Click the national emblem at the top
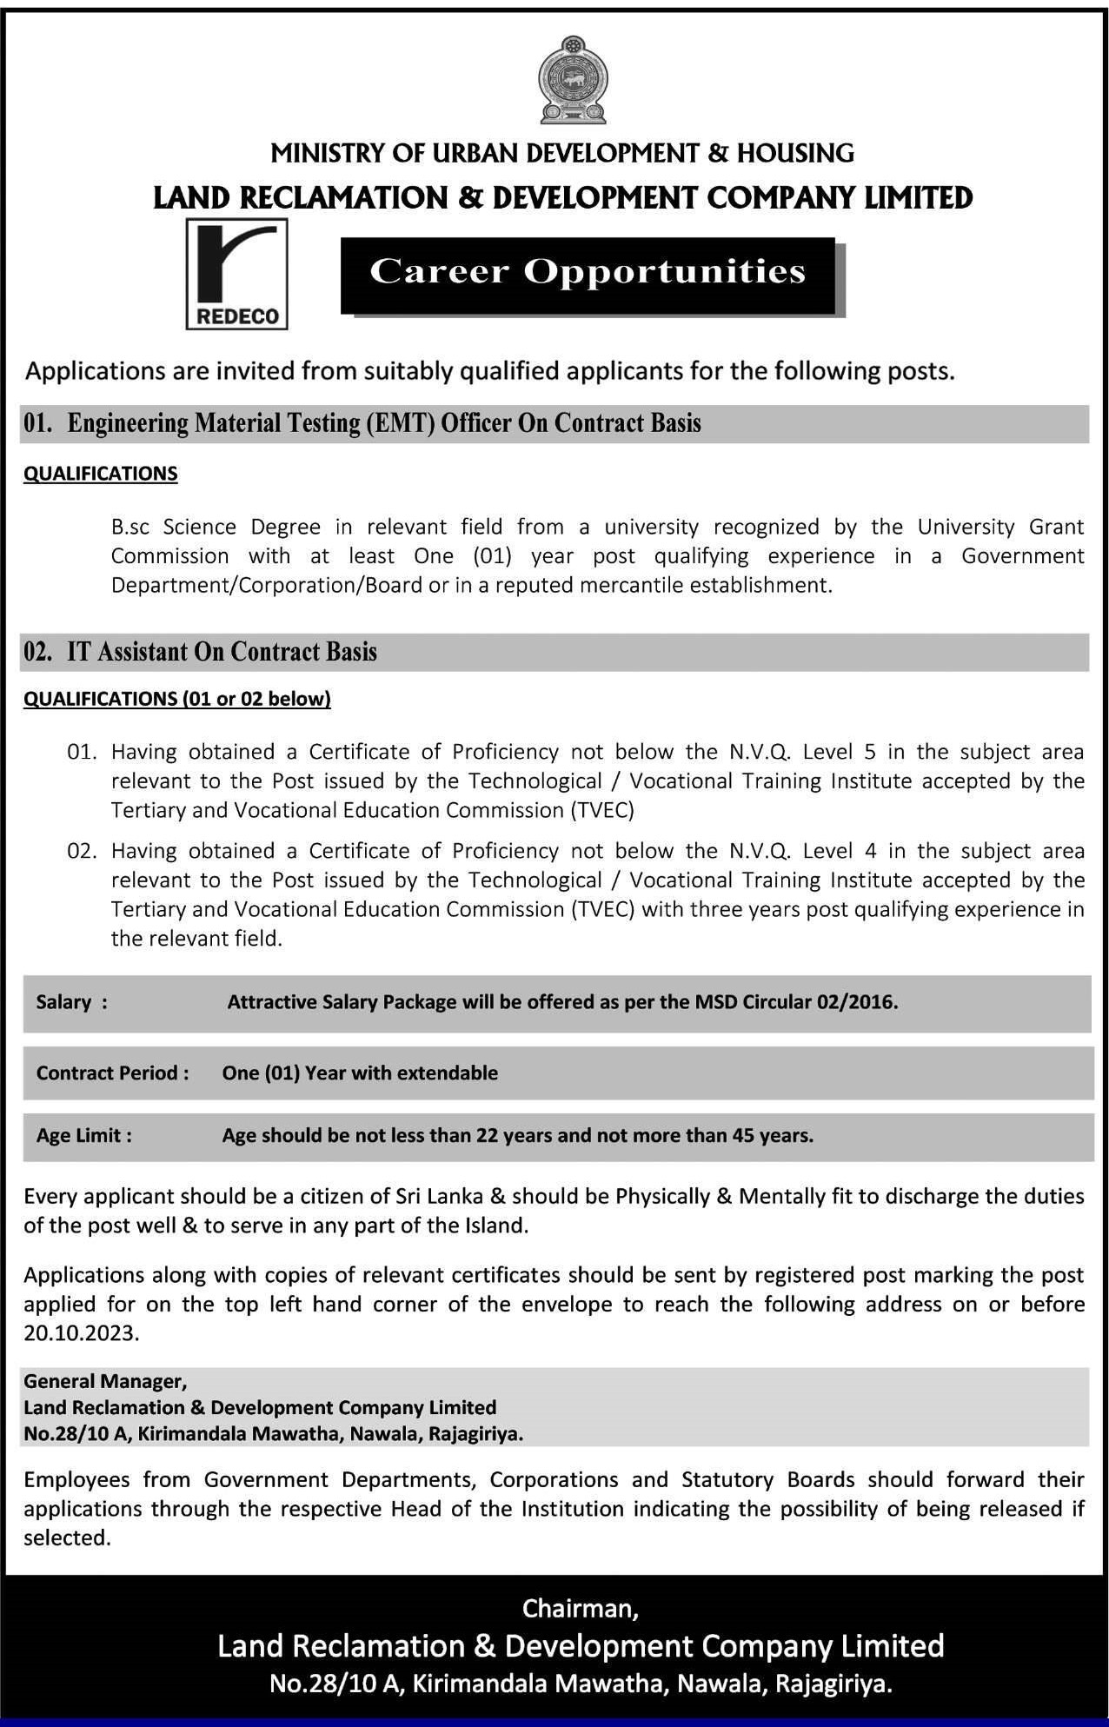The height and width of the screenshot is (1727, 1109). pyautogui.click(x=572, y=80)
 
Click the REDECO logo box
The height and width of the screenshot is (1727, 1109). pyautogui.click(x=236, y=274)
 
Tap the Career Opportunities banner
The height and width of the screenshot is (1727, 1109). pyautogui.click(x=588, y=272)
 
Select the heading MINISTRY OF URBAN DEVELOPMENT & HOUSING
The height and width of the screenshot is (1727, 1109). pyautogui.click(x=562, y=154)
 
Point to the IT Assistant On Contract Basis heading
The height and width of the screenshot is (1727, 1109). pyautogui.click(x=222, y=652)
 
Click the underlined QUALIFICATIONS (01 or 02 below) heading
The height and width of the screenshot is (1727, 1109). pyautogui.click(x=177, y=699)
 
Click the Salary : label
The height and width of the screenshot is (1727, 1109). pyautogui.click(x=72, y=1002)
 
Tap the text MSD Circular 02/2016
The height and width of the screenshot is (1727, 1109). pyautogui.click(x=796, y=1002)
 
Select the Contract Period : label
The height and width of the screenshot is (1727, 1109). pyautogui.click(x=112, y=1073)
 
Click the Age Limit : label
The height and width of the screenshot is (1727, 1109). pyautogui.click(x=84, y=1135)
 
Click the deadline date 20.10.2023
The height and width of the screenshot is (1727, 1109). pyautogui.click(x=82, y=1333)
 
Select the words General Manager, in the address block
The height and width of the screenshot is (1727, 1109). pyautogui.click(x=105, y=1380)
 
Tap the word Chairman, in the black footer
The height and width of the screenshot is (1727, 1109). pyautogui.click(x=581, y=1609)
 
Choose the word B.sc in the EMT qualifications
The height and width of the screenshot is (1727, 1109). pyautogui.click(x=131, y=527)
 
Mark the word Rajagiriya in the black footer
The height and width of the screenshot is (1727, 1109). pyautogui.click(x=833, y=1684)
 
